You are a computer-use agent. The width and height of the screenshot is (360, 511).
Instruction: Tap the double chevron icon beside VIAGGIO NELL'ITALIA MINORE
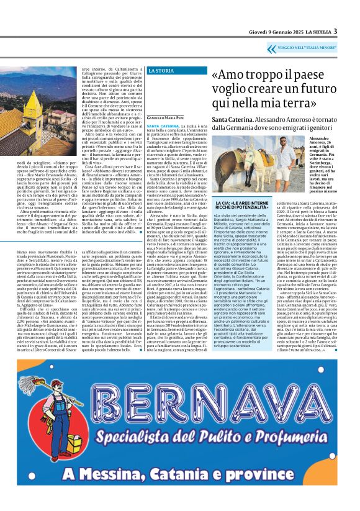click(x=271, y=48)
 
